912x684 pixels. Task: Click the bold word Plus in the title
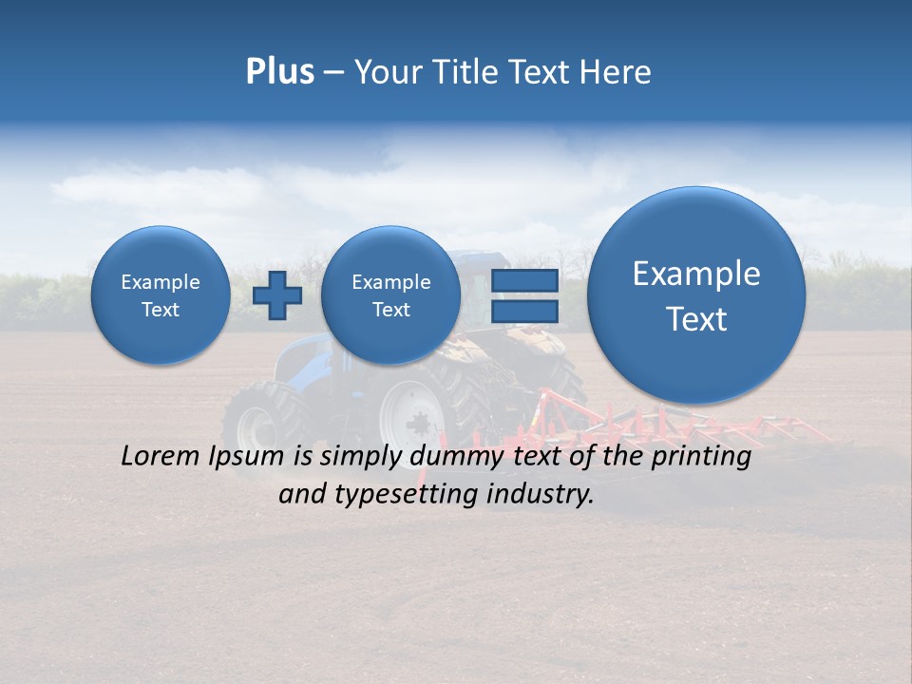tap(279, 72)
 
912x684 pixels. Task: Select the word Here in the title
tap(617, 72)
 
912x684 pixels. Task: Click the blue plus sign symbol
tap(277, 294)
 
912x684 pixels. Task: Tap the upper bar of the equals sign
tap(524, 280)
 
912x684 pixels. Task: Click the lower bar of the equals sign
tap(524, 311)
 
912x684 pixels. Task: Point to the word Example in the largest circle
tap(696, 274)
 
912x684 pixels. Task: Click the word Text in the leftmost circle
tap(161, 310)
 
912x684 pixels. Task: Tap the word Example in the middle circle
tap(390, 282)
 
